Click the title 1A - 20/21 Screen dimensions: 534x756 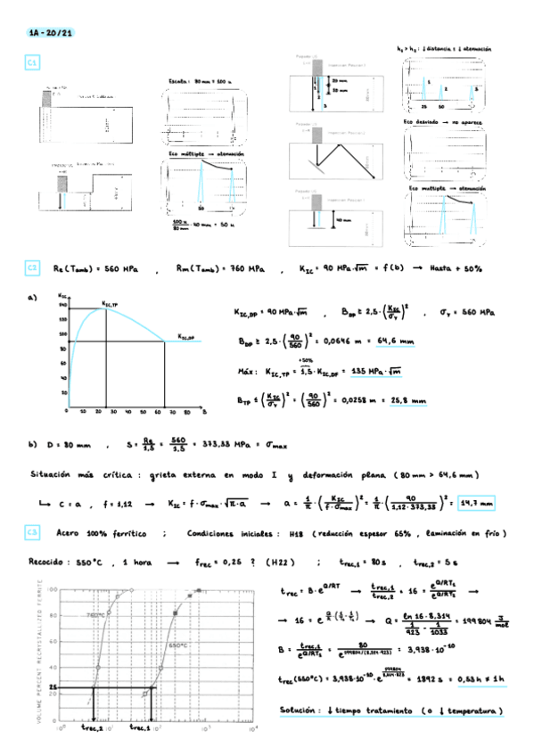tap(50, 33)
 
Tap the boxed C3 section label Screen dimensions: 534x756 tap(32, 532)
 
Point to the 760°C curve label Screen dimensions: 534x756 tap(97, 615)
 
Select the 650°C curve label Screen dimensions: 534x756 tap(179, 644)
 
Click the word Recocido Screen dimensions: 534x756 tap(47, 563)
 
